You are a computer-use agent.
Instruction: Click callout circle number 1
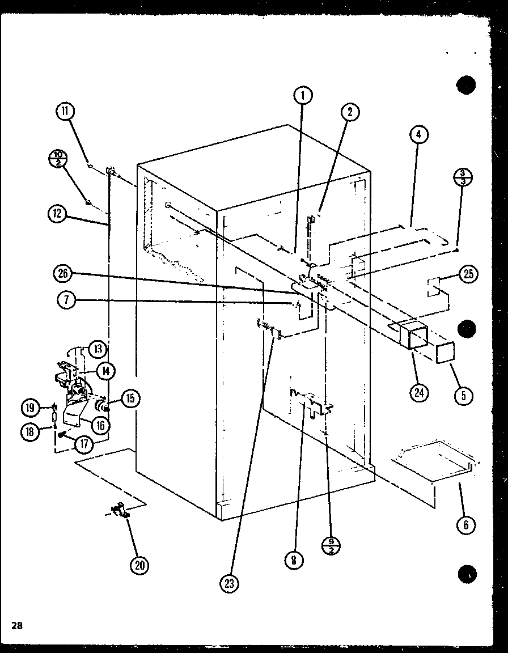[x=303, y=96]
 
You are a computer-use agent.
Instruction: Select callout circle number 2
[x=350, y=112]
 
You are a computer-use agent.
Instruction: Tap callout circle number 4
[x=418, y=135]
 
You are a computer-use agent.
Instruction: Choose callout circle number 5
[x=463, y=395]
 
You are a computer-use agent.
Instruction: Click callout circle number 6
[x=465, y=525]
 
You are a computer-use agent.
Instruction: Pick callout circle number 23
[x=229, y=584]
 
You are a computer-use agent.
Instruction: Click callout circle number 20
[x=139, y=565]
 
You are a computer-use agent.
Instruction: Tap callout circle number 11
[x=65, y=111]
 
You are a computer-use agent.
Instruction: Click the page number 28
[x=16, y=626]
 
